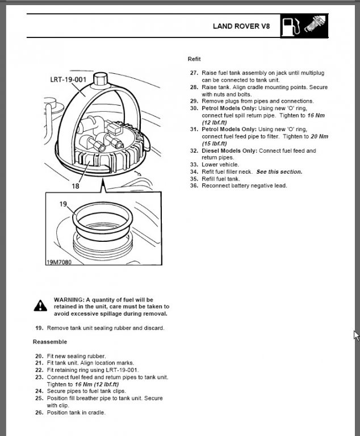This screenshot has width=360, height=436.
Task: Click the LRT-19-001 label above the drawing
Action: (x=68, y=79)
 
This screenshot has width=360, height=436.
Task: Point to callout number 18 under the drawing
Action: (x=76, y=186)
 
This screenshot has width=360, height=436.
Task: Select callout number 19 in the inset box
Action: (x=64, y=203)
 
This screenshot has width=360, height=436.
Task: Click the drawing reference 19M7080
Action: (x=59, y=263)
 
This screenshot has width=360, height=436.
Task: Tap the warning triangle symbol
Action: (x=40, y=305)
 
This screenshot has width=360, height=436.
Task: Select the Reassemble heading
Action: (x=49, y=342)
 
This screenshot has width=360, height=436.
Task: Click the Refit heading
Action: (x=194, y=59)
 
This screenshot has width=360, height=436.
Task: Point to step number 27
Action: (x=194, y=73)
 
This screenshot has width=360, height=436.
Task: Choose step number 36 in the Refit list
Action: (x=194, y=186)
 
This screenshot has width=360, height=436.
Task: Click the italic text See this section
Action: (x=279, y=171)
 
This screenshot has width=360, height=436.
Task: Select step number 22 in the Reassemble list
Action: (x=39, y=370)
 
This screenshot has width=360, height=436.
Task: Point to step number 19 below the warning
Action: (x=39, y=328)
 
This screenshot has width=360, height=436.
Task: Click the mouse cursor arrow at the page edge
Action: (x=355, y=335)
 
